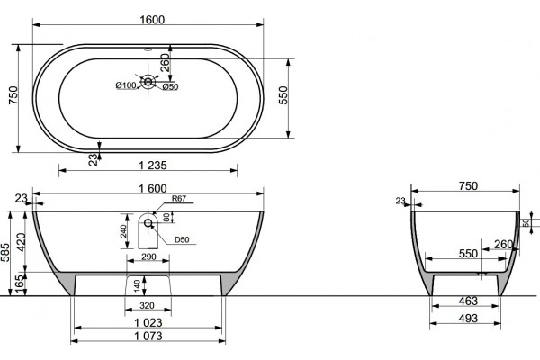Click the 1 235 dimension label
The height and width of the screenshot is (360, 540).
pos(153,166)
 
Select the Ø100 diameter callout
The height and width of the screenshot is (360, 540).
pos(126,85)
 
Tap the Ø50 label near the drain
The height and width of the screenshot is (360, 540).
pos(170,87)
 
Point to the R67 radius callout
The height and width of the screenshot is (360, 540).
pos(179,198)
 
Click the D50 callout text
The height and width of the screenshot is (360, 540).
pos(182,239)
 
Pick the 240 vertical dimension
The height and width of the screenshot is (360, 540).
pos(123,231)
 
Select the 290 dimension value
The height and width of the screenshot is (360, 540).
pos(148,256)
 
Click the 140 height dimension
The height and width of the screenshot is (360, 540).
pos(137,286)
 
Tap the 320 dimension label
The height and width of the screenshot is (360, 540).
pos(147,306)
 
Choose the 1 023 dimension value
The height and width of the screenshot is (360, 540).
pos(148,323)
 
